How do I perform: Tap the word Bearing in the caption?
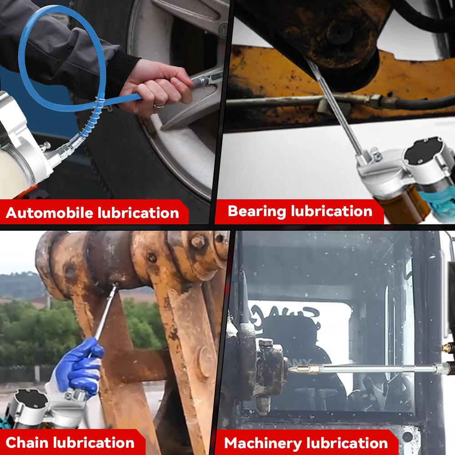257,211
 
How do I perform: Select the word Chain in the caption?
27,442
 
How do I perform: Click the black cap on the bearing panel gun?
425,152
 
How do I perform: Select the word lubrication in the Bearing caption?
331,211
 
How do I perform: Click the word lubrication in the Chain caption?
94,442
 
